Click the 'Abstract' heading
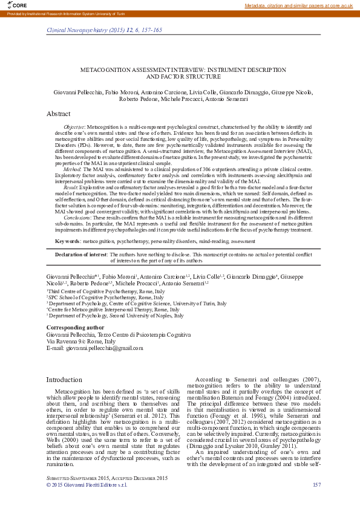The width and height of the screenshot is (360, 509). coord(59,114)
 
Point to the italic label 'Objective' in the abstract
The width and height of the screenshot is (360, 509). coord(74,128)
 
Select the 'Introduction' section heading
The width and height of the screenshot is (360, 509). coord(64,380)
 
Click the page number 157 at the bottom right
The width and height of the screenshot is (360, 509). coord(316,485)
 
